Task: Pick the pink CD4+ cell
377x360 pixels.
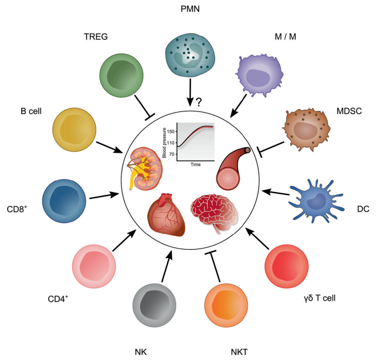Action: pos(94,264)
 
